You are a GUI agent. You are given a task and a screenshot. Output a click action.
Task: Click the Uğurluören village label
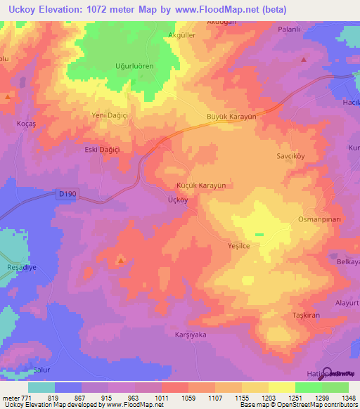[134, 66]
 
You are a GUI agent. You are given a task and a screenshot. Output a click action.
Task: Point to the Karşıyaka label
[190, 335]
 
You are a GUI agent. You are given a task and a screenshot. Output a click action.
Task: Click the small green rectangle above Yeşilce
[259, 234]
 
